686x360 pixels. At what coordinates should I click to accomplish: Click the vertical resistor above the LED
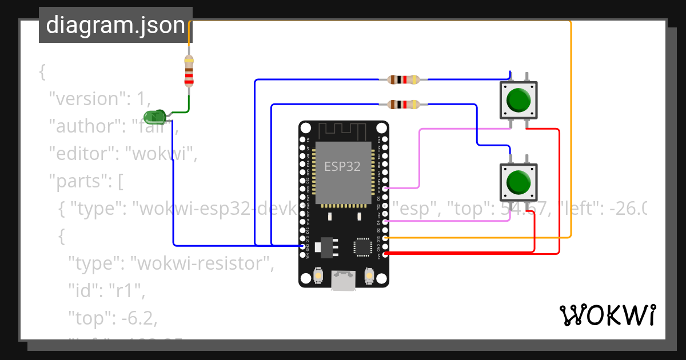click(189, 71)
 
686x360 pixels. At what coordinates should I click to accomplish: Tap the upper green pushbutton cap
click(519, 100)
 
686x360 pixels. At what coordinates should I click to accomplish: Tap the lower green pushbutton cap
click(519, 182)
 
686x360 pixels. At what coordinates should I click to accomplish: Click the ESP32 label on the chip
click(342, 166)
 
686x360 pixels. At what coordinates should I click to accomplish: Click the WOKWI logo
click(607, 315)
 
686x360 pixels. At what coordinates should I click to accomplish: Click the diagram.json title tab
click(115, 25)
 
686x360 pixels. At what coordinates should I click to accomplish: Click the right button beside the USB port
click(369, 277)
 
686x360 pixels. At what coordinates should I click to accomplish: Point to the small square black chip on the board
click(362, 247)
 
